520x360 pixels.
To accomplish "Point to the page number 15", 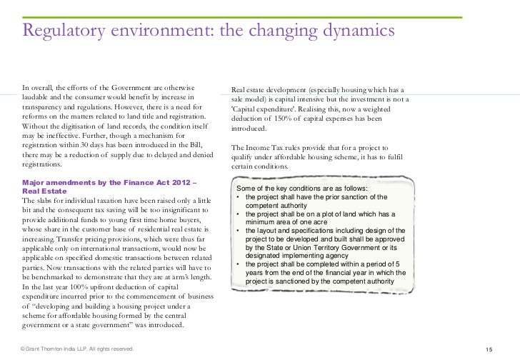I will [x=490, y=349].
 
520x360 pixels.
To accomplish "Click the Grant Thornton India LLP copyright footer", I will [x=77, y=349].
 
